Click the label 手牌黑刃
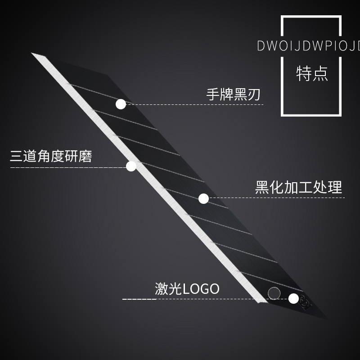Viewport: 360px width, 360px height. [x=233, y=94]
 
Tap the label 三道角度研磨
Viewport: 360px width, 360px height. [x=51, y=156]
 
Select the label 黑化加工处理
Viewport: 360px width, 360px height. [x=298, y=187]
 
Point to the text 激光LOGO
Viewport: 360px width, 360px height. [x=187, y=288]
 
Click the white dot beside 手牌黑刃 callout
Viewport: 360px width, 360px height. [x=121, y=104]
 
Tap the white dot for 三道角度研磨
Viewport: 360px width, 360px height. [x=131, y=166]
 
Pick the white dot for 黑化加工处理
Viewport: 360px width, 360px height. [x=203, y=198]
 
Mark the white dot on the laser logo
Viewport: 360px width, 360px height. [x=293, y=298]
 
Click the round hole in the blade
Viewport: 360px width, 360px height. [x=274, y=293]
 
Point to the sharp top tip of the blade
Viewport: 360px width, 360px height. [x=32, y=54]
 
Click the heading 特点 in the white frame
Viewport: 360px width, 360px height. [x=311, y=73]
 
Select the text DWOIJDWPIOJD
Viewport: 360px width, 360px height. [x=309, y=46]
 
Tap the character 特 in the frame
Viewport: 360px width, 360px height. [x=304, y=73]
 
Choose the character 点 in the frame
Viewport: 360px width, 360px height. [x=319, y=73]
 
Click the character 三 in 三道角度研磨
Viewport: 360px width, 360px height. [x=17, y=156]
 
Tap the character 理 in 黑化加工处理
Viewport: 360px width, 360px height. [x=335, y=187]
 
